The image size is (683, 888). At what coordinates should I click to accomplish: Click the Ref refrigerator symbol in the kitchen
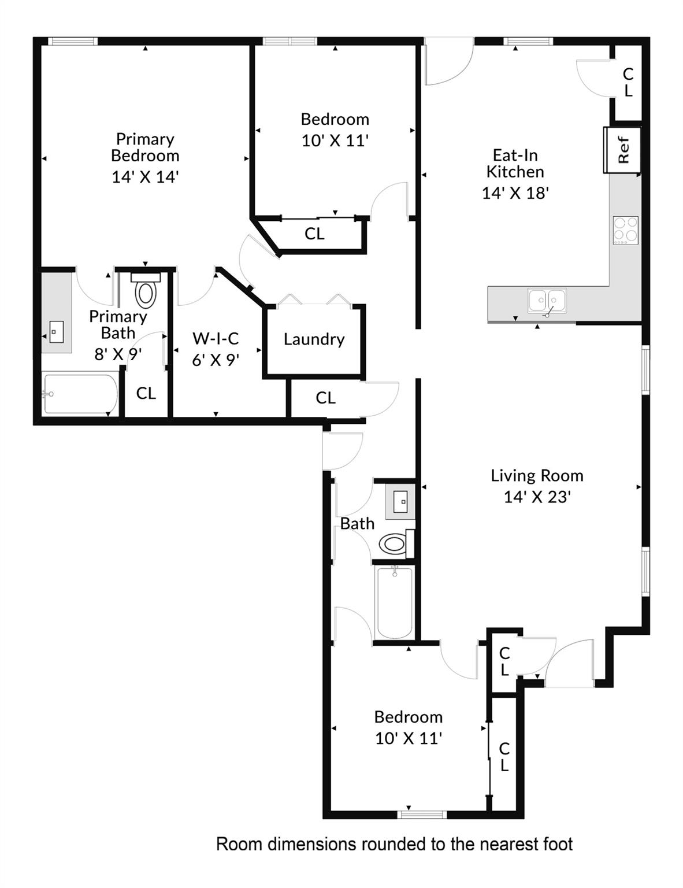click(x=622, y=150)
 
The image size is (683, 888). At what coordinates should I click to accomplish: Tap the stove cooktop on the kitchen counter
click(x=625, y=230)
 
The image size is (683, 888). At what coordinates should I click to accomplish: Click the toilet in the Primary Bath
click(x=146, y=292)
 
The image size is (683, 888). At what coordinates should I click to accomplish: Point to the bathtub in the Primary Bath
click(x=80, y=394)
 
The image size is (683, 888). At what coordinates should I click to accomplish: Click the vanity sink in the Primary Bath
click(x=56, y=332)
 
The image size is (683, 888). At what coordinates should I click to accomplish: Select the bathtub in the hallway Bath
click(x=394, y=602)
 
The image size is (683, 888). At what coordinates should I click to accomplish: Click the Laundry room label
click(x=314, y=339)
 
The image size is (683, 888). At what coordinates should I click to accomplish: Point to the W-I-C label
click(x=216, y=338)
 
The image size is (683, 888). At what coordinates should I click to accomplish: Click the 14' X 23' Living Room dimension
click(x=537, y=497)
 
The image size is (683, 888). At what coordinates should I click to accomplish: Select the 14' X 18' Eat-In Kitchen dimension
click(x=515, y=193)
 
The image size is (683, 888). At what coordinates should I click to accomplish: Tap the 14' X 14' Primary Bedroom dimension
click(x=144, y=177)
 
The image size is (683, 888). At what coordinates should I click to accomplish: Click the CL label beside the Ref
click(x=628, y=82)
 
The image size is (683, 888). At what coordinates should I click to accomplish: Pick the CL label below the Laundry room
click(x=325, y=398)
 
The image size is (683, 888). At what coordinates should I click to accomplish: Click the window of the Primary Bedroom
click(x=72, y=41)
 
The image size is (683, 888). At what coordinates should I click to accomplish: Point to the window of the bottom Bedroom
click(x=422, y=815)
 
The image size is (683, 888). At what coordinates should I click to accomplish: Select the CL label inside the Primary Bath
click(x=146, y=393)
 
